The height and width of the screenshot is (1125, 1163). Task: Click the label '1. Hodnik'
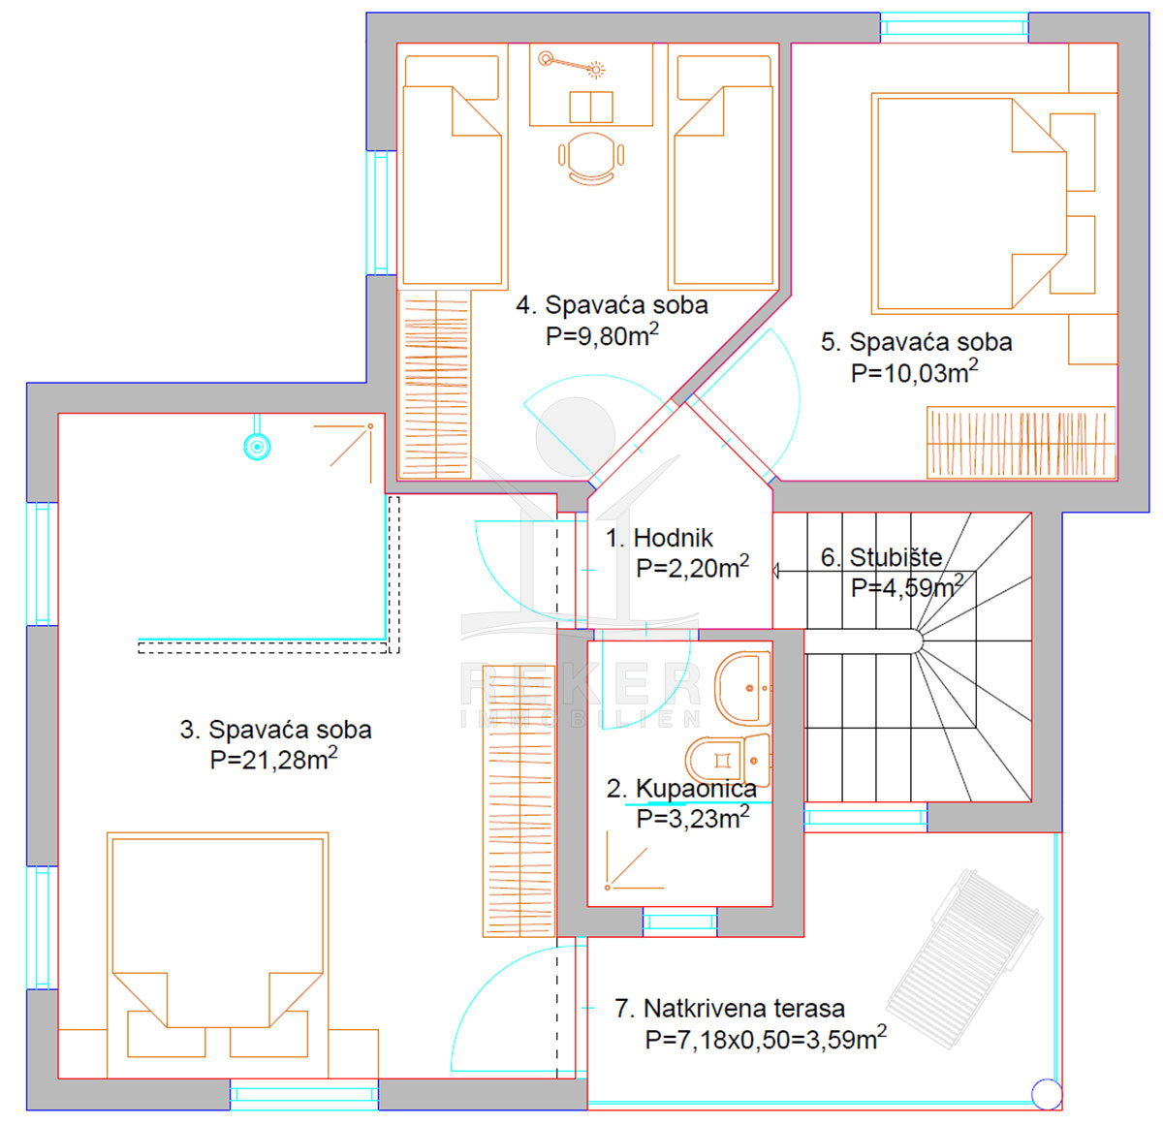click(x=659, y=538)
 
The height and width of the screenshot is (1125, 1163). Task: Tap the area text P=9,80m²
click(x=602, y=335)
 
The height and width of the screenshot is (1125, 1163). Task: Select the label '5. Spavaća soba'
click(x=916, y=342)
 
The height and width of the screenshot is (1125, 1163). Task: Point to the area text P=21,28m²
click(x=273, y=759)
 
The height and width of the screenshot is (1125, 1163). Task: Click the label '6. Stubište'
click(x=881, y=557)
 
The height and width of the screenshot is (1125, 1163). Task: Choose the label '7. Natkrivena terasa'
click(x=730, y=1008)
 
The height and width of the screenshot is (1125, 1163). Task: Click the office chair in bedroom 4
click(x=590, y=158)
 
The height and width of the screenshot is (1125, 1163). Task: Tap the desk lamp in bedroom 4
click(x=572, y=65)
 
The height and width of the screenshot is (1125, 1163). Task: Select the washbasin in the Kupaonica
click(x=742, y=688)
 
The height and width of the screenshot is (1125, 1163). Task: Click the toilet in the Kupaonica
click(x=728, y=760)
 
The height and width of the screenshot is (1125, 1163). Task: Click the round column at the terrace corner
click(x=1047, y=1094)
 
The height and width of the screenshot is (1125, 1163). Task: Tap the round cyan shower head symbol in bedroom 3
click(x=257, y=447)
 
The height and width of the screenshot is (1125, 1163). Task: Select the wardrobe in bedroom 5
click(x=1021, y=443)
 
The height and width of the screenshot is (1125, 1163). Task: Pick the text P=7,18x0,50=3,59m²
click(x=766, y=1039)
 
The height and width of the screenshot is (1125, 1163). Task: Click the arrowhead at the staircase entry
click(x=775, y=571)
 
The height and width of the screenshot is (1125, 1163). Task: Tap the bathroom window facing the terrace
click(x=679, y=922)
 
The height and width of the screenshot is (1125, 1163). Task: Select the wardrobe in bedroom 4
click(x=434, y=384)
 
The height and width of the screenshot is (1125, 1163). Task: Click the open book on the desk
click(x=590, y=107)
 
